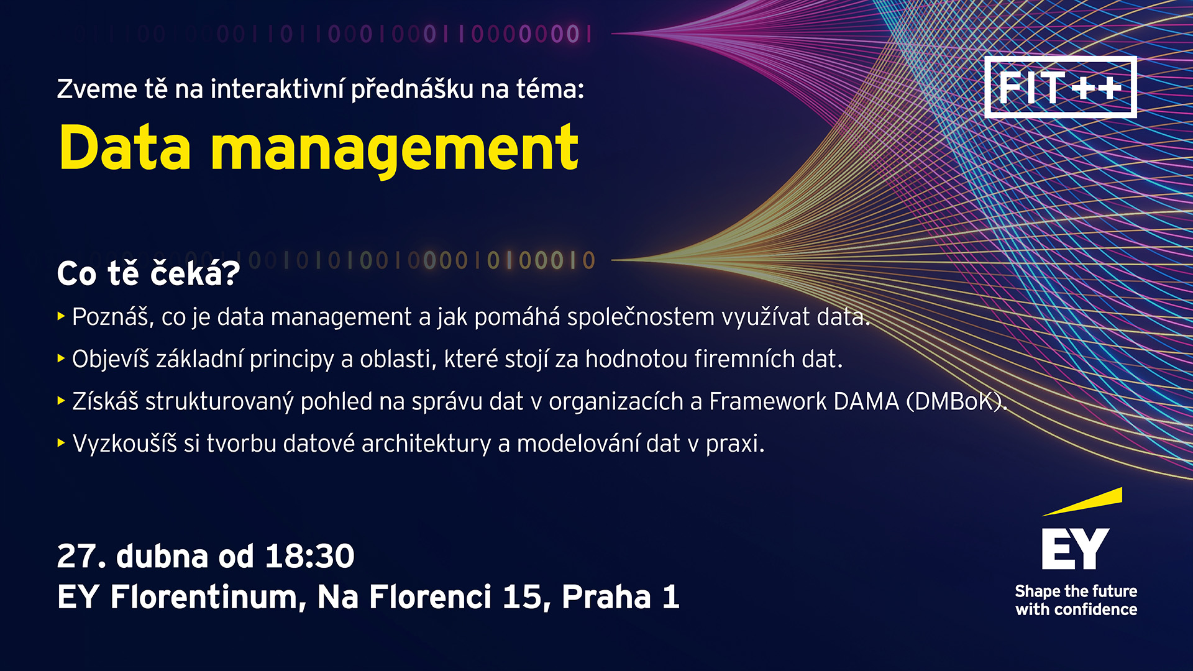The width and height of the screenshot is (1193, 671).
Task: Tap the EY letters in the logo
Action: tap(1076, 549)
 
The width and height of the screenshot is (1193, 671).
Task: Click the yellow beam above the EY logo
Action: tap(1082, 502)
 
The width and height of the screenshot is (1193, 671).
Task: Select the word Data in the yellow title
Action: tap(125, 147)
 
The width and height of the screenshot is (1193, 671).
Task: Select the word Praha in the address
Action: tap(606, 597)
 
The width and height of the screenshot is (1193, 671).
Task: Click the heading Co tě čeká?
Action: tap(149, 273)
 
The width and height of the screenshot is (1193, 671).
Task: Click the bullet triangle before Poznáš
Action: tap(61, 316)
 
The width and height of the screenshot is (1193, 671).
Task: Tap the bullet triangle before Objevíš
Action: tap(61, 358)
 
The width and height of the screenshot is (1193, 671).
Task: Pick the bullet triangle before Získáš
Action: tap(61, 401)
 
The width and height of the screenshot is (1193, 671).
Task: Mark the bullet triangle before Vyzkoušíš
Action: tap(61, 443)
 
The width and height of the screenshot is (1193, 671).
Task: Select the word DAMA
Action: tap(867, 401)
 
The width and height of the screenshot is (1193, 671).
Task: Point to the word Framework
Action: tap(768, 401)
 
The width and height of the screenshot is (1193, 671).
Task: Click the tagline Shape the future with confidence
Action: tap(1076, 600)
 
